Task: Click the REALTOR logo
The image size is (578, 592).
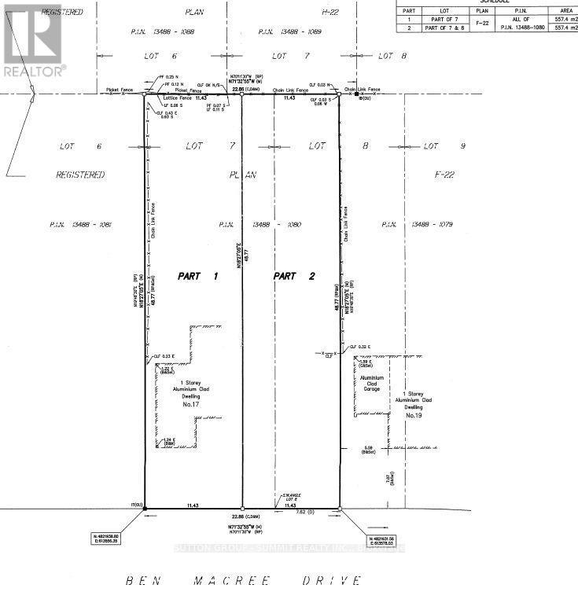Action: click(x=32, y=39)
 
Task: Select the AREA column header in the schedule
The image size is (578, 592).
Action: click(x=565, y=11)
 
